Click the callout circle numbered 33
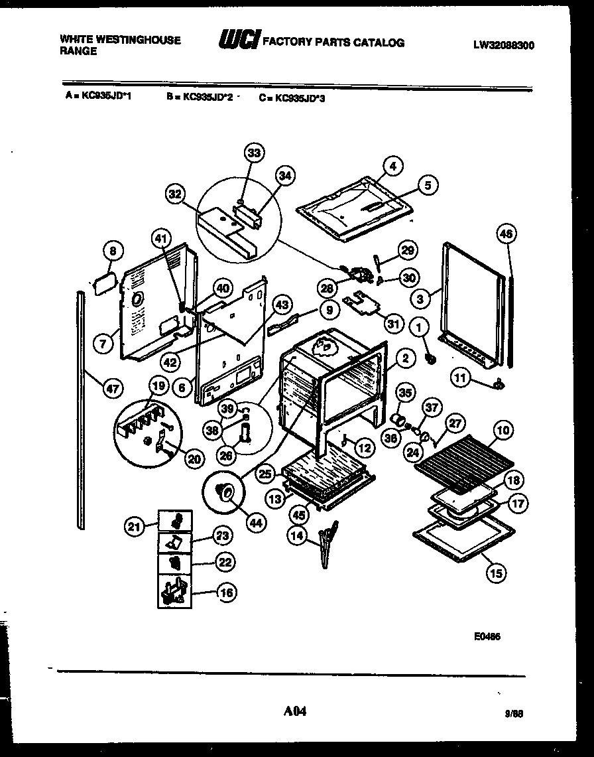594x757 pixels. pyautogui.click(x=254, y=153)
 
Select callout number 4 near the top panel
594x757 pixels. pyautogui.click(x=392, y=167)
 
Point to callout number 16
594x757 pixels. pyautogui.click(x=227, y=592)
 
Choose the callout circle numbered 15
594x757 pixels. pyautogui.click(x=495, y=573)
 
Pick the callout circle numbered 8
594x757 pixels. pyautogui.click(x=113, y=251)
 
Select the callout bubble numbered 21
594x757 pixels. pyautogui.click(x=135, y=527)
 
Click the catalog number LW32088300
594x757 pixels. pyautogui.click(x=504, y=46)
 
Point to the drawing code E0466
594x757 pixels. pyautogui.click(x=487, y=636)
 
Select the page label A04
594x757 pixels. pyautogui.click(x=295, y=712)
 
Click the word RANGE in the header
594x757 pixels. pyautogui.click(x=78, y=52)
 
